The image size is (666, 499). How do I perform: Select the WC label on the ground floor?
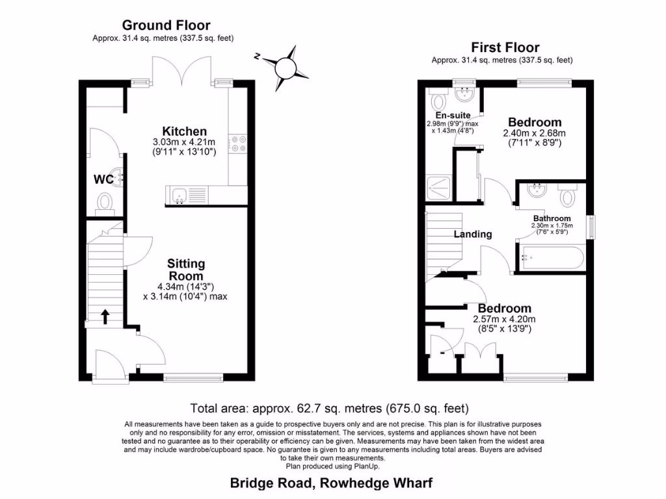[x=103, y=179]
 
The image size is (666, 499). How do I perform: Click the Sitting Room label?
[x=186, y=270]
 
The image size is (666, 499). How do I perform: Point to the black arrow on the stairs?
[x=105, y=316]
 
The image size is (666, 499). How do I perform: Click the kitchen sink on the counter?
[x=180, y=194]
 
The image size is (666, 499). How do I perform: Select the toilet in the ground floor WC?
[x=104, y=205]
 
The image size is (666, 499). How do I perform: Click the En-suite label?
[x=453, y=116]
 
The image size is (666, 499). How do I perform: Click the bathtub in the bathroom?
[x=552, y=259]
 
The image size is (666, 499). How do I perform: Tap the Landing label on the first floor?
[x=473, y=234]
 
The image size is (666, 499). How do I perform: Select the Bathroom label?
[x=552, y=218]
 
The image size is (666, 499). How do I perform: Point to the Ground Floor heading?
[x=166, y=25]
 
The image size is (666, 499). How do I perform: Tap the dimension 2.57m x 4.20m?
[x=504, y=319]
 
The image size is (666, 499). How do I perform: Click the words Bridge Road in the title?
[x=265, y=483]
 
